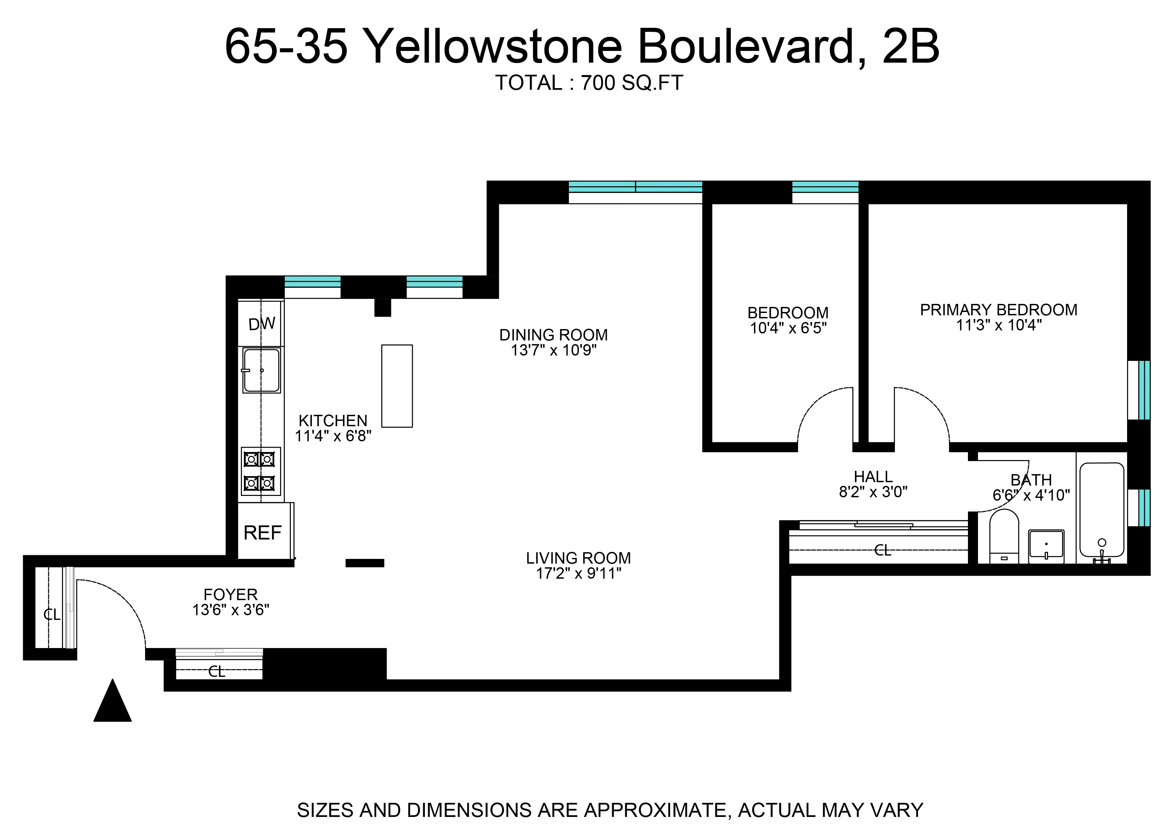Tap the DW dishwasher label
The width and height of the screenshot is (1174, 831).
pyautogui.click(x=261, y=323)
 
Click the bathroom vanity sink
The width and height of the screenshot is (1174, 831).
pyautogui.click(x=1046, y=546)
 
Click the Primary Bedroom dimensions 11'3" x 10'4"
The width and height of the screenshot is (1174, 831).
pyautogui.click(x=998, y=325)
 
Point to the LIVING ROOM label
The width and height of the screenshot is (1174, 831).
pyautogui.click(x=578, y=558)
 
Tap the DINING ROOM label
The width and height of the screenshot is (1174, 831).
pyautogui.click(x=553, y=335)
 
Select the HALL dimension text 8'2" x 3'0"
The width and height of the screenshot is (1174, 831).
pyautogui.click(x=873, y=492)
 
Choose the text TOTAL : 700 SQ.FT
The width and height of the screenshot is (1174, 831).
pyautogui.click(x=588, y=83)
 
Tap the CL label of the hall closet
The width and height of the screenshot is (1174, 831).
pyautogui.click(x=883, y=551)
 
